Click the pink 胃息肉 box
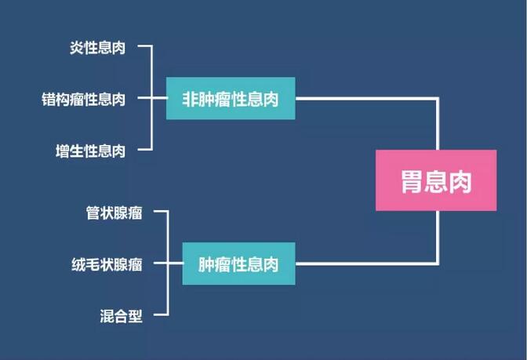point(436,180)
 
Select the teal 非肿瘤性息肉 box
point(231,99)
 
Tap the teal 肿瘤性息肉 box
point(238,264)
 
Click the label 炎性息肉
point(97,48)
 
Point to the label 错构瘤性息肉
point(83,100)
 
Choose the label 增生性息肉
point(90,151)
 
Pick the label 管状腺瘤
point(114,213)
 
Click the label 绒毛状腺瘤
point(107,264)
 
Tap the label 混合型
point(121,316)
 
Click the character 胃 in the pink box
point(412,181)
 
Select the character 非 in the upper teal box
point(190,99)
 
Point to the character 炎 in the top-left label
point(77,48)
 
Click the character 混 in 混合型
point(107,316)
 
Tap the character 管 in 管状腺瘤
point(93,213)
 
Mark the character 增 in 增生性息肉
point(63,151)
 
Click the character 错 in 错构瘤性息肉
point(49,100)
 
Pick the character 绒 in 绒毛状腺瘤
point(78,264)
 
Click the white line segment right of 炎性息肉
point(145,45)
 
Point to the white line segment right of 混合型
point(161,315)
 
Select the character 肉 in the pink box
point(460,181)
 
